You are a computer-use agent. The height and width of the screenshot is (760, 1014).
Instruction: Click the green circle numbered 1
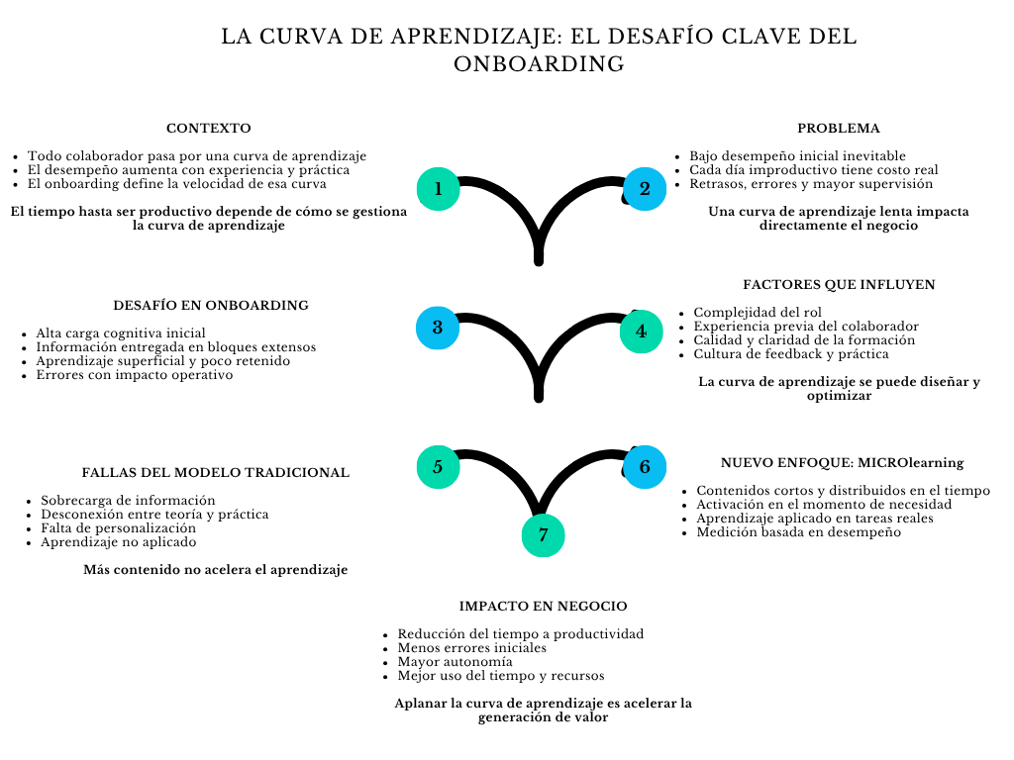click(439, 188)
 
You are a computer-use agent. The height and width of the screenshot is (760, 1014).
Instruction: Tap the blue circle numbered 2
click(645, 188)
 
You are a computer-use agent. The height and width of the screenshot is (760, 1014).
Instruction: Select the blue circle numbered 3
click(437, 328)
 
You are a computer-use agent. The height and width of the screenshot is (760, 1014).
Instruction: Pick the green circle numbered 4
click(641, 332)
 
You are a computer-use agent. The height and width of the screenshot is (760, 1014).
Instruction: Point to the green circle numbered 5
click(438, 467)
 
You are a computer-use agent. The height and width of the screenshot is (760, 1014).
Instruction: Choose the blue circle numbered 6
click(645, 467)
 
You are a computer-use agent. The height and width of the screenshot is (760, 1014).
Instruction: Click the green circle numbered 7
click(543, 535)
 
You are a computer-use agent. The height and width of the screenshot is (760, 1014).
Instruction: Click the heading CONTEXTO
click(208, 129)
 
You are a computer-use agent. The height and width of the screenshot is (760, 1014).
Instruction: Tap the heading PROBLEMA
click(839, 129)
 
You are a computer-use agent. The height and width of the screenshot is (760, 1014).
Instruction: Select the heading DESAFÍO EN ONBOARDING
click(211, 305)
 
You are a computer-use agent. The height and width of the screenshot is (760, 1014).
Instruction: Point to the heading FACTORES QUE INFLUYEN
click(839, 284)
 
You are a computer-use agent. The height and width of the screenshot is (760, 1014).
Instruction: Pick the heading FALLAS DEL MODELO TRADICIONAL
click(216, 473)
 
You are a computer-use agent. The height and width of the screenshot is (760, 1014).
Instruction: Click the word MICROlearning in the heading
click(910, 462)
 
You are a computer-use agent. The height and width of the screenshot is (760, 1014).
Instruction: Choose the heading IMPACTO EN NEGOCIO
click(543, 606)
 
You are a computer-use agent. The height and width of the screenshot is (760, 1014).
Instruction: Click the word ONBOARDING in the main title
click(539, 64)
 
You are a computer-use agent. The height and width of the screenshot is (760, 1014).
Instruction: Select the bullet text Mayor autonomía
click(455, 662)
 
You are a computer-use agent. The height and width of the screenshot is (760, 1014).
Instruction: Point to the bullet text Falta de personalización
click(118, 528)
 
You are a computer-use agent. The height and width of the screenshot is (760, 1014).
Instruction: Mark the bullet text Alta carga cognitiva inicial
click(121, 333)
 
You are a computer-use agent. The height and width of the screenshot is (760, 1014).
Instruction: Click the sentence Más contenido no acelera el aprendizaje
click(215, 570)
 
